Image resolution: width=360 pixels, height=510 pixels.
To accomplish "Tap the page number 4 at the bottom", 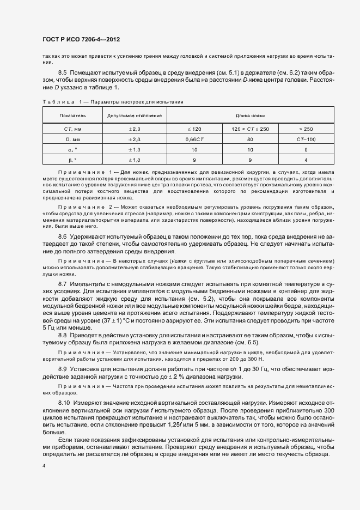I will pyautogui.click(x=44, y=466).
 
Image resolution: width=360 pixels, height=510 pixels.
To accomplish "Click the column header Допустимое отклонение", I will pyautogui.click(x=134, y=116).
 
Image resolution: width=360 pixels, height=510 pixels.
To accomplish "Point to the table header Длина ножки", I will pyautogui.click(x=250, y=116).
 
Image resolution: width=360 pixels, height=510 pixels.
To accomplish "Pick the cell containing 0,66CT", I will pyautogui.click(x=194, y=139).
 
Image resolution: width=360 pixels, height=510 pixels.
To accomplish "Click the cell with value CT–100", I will pyautogui.click(x=306, y=139).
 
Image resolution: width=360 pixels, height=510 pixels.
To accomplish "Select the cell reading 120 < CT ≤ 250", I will pyautogui.click(x=250, y=129).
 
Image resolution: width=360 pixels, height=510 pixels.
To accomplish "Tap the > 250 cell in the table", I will pyautogui.click(x=306, y=129).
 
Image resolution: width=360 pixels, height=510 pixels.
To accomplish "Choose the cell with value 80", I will pyautogui.click(x=250, y=139).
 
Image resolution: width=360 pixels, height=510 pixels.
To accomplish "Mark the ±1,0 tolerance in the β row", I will pyautogui.click(x=134, y=160).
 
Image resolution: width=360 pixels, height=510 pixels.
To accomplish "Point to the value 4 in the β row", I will pyautogui.click(x=306, y=160).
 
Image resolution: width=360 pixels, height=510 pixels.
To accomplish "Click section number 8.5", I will pyautogui.click(x=62, y=72).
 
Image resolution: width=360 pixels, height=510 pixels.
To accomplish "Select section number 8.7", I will pyautogui.click(x=62, y=284).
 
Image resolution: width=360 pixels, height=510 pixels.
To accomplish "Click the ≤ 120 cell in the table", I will pyautogui.click(x=194, y=129).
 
